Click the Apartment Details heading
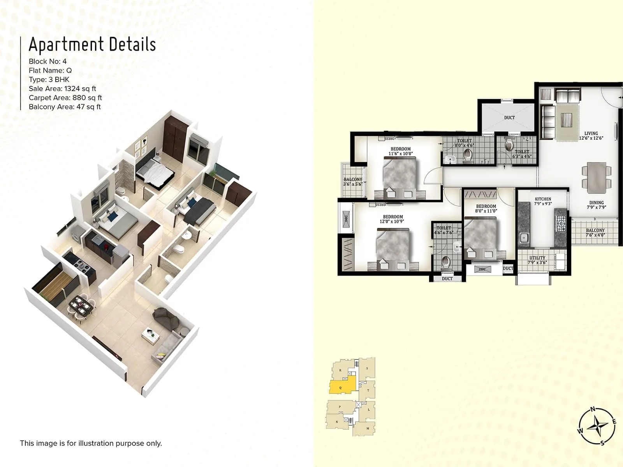(92, 44)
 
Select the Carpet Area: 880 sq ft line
(65, 98)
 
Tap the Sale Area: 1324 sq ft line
(62, 89)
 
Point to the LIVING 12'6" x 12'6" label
(591, 136)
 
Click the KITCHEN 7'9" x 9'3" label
(543, 201)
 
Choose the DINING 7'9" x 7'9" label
(596, 205)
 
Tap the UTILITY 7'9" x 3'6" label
(537, 260)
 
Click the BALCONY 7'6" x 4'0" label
(595, 233)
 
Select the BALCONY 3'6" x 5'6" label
(353, 182)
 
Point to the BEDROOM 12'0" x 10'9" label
(393, 219)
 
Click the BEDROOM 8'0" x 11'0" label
(486, 209)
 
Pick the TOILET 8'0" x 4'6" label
(465, 143)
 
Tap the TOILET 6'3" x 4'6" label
(522, 154)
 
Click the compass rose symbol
(597, 426)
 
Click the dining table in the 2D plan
(597, 177)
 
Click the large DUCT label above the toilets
(509, 118)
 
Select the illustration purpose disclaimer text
(91, 443)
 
